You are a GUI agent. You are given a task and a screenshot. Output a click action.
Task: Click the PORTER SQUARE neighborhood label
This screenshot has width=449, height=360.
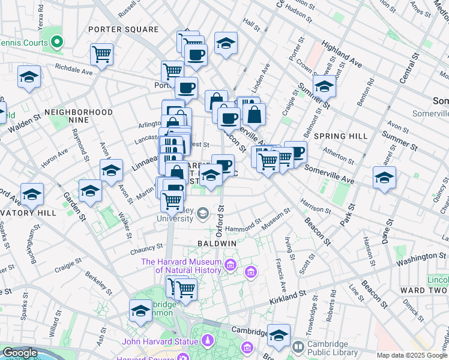click(x=123, y=29)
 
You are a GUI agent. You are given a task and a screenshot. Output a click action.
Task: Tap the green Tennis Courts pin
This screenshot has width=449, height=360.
click(x=57, y=42)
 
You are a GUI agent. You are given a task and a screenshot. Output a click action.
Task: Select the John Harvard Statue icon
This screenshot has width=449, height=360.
click(x=207, y=341)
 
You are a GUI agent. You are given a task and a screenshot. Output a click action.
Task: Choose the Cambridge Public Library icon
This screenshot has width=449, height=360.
click(x=298, y=347)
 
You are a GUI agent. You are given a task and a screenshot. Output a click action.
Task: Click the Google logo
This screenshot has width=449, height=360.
click(x=19, y=353)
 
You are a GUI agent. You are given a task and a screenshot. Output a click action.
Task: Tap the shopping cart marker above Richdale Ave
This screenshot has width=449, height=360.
click(x=102, y=55)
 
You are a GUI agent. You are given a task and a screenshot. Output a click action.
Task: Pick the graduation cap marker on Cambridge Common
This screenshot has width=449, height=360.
click(x=140, y=311)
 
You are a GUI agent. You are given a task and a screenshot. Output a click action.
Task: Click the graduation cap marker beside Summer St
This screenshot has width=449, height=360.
click(x=324, y=87)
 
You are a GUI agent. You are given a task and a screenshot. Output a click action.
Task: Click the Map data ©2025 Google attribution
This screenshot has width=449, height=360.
click(x=412, y=355)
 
